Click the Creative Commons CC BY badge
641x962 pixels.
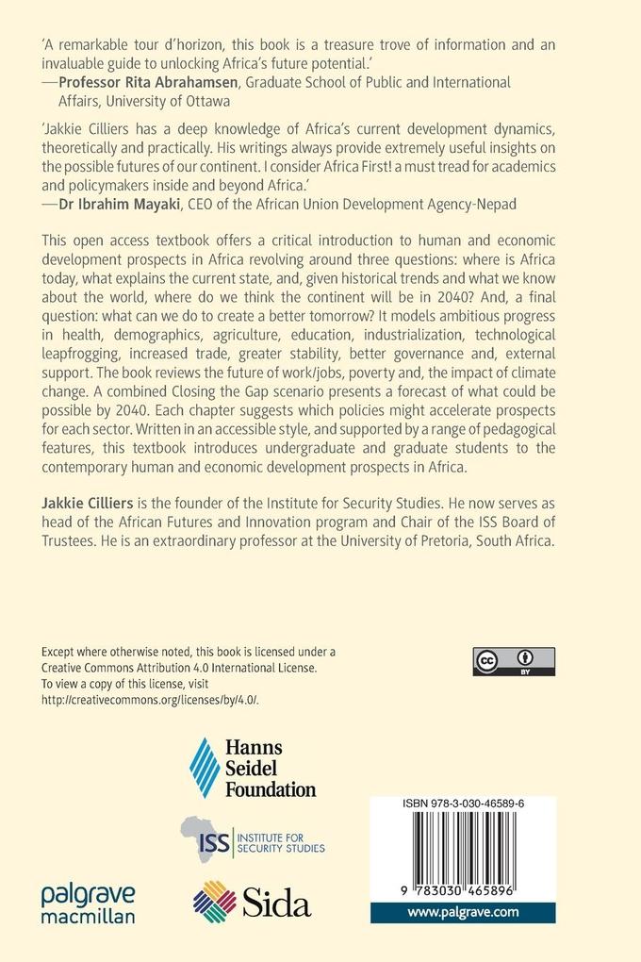514,661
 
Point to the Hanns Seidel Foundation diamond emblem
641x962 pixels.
205,768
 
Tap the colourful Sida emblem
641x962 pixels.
214,902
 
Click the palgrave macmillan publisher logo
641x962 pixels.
87,903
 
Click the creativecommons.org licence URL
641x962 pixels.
150,699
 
